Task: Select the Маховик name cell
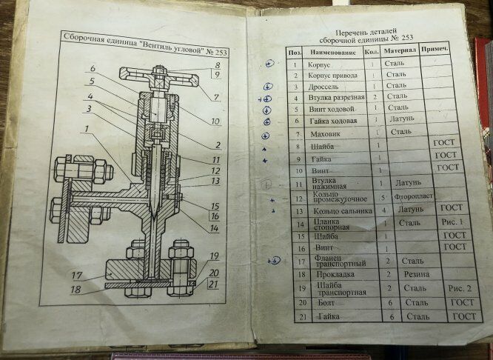tap(323, 133)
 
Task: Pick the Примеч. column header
tap(435, 50)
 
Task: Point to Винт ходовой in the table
tap(330, 109)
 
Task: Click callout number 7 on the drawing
tap(216, 98)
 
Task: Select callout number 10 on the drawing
tap(215, 121)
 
